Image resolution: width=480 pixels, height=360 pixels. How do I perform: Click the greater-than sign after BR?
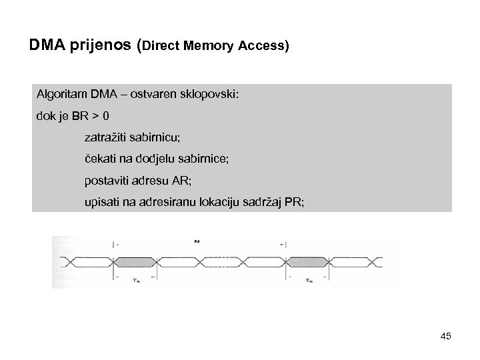tap(97, 116)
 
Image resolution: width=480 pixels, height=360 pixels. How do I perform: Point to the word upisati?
tap(103, 200)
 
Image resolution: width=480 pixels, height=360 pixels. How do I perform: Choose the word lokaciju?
tap(225, 200)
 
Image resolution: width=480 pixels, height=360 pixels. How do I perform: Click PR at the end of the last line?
tap(293, 200)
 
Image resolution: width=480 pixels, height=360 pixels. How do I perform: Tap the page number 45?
tap(445, 336)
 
